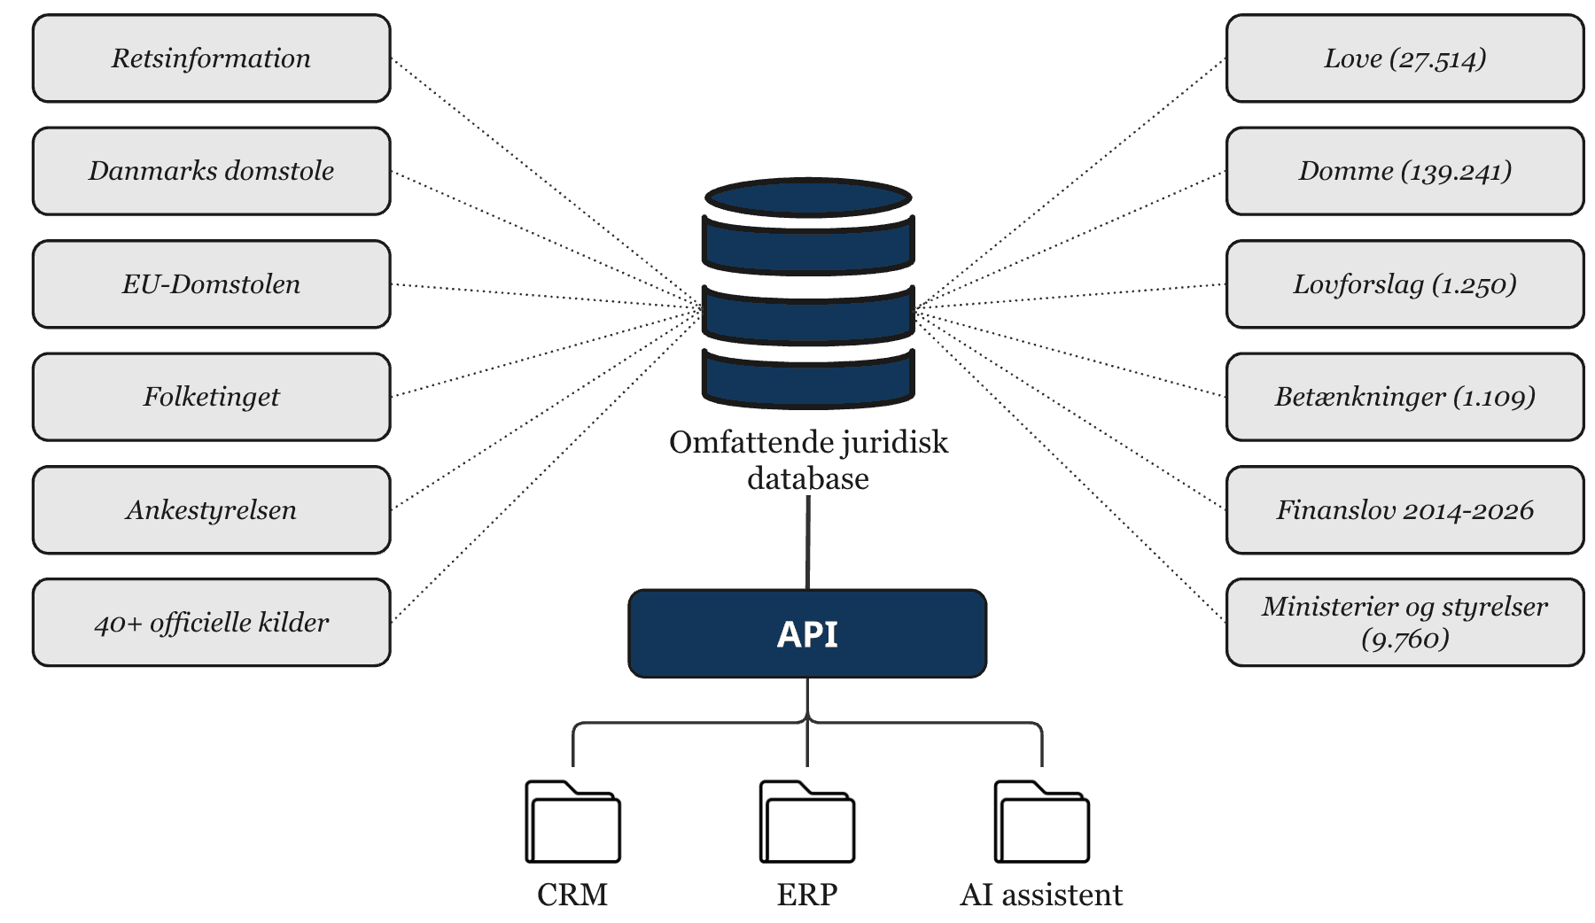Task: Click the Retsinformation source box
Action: click(x=211, y=58)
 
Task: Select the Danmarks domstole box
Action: click(x=211, y=171)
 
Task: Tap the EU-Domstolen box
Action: click(x=211, y=284)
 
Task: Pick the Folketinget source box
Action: click(x=211, y=397)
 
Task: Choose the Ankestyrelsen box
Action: click(x=211, y=510)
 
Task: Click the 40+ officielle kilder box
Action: click(x=211, y=623)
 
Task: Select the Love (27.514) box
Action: click(x=1404, y=58)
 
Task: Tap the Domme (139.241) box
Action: click(x=1404, y=171)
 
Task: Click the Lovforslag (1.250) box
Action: click(x=1404, y=284)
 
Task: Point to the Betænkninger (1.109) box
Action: click(x=1404, y=397)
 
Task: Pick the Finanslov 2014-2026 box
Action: click(x=1404, y=510)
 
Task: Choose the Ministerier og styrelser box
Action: click(x=1404, y=623)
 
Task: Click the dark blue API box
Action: click(x=807, y=634)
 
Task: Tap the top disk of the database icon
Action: click(x=807, y=197)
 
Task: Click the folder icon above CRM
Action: click(x=572, y=822)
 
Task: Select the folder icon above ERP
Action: click(x=807, y=822)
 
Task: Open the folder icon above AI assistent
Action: click(x=1041, y=822)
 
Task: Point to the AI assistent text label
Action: click(x=1041, y=895)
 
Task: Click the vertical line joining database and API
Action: click(x=807, y=542)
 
